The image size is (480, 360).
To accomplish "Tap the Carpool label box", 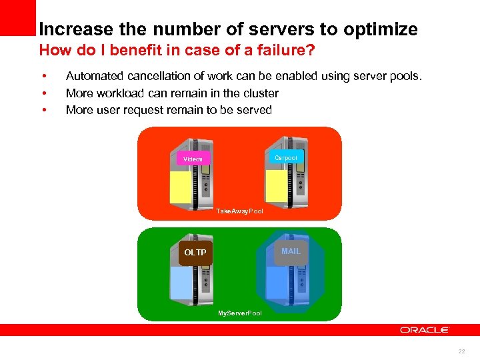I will (x=286, y=157).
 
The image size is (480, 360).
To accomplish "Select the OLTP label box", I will (x=195, y=253).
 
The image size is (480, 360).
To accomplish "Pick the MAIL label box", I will (x=291, y=251).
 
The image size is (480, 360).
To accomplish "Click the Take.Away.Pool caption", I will (x=239, y=211).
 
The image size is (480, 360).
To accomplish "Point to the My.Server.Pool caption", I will (x=240, y=313).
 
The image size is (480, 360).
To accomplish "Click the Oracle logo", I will (x=425, y=329).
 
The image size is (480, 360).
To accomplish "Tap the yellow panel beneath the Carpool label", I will (x=275, y=184).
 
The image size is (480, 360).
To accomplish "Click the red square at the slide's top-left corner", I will (x=17, y=17).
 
